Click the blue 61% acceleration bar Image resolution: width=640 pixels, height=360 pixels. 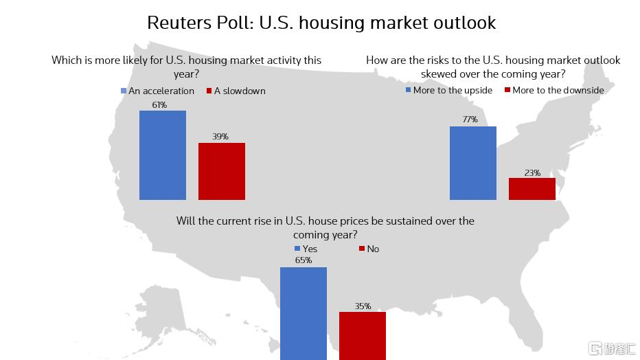pos(163,155)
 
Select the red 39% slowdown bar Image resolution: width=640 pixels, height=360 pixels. pos(222,171)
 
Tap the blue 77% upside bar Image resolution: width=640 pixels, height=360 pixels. pos(473,163)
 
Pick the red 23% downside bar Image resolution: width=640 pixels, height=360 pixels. pos(532,189)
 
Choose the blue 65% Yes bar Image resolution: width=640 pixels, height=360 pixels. pos(304,313)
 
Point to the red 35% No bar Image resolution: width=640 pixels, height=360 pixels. pos(363,335)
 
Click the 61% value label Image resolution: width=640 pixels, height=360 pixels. pos(159,105)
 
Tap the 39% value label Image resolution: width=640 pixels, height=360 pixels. pos(220,137)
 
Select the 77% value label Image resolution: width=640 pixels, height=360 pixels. pos(470,120)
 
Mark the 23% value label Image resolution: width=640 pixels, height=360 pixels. pos(532,172)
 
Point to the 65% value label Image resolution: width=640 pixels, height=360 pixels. pos(304,260)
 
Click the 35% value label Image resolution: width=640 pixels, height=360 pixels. pos(363,306)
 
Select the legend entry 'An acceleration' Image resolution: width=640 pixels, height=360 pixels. pos(157,91)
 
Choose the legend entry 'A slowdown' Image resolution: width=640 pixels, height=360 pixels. pos(236,91)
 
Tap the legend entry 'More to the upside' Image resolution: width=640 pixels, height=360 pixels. pos(448,90)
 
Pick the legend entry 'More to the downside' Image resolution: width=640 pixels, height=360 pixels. pos(554,90)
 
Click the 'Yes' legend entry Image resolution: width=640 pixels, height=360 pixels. pos(306,249)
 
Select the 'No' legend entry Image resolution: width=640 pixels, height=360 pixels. pos(369,249)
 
